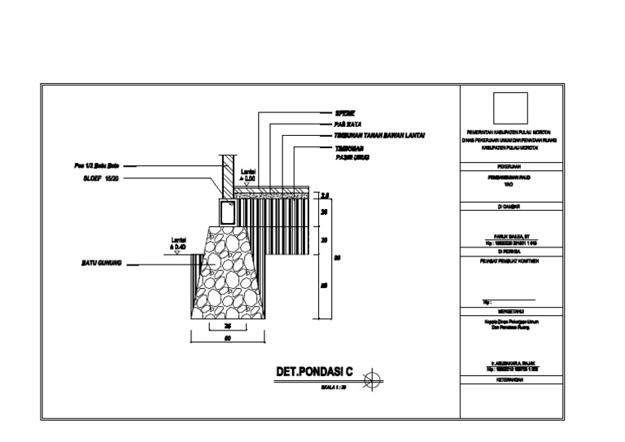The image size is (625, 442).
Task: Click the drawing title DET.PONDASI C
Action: point(314,373)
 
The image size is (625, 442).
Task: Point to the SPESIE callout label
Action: point(346,112)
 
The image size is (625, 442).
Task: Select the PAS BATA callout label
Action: point(347,123)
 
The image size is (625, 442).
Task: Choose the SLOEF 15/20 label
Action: point(101,177)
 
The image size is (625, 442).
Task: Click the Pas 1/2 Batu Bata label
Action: point(98,166)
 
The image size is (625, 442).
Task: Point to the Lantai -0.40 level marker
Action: point(178,243)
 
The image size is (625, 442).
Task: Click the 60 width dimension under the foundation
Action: point(227,339)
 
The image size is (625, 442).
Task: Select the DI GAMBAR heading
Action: point(511,207)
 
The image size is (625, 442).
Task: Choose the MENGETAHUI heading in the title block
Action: point(511,311)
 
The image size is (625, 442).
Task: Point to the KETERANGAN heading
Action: point(511,380)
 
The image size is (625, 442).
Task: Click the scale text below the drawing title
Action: point(333,387)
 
